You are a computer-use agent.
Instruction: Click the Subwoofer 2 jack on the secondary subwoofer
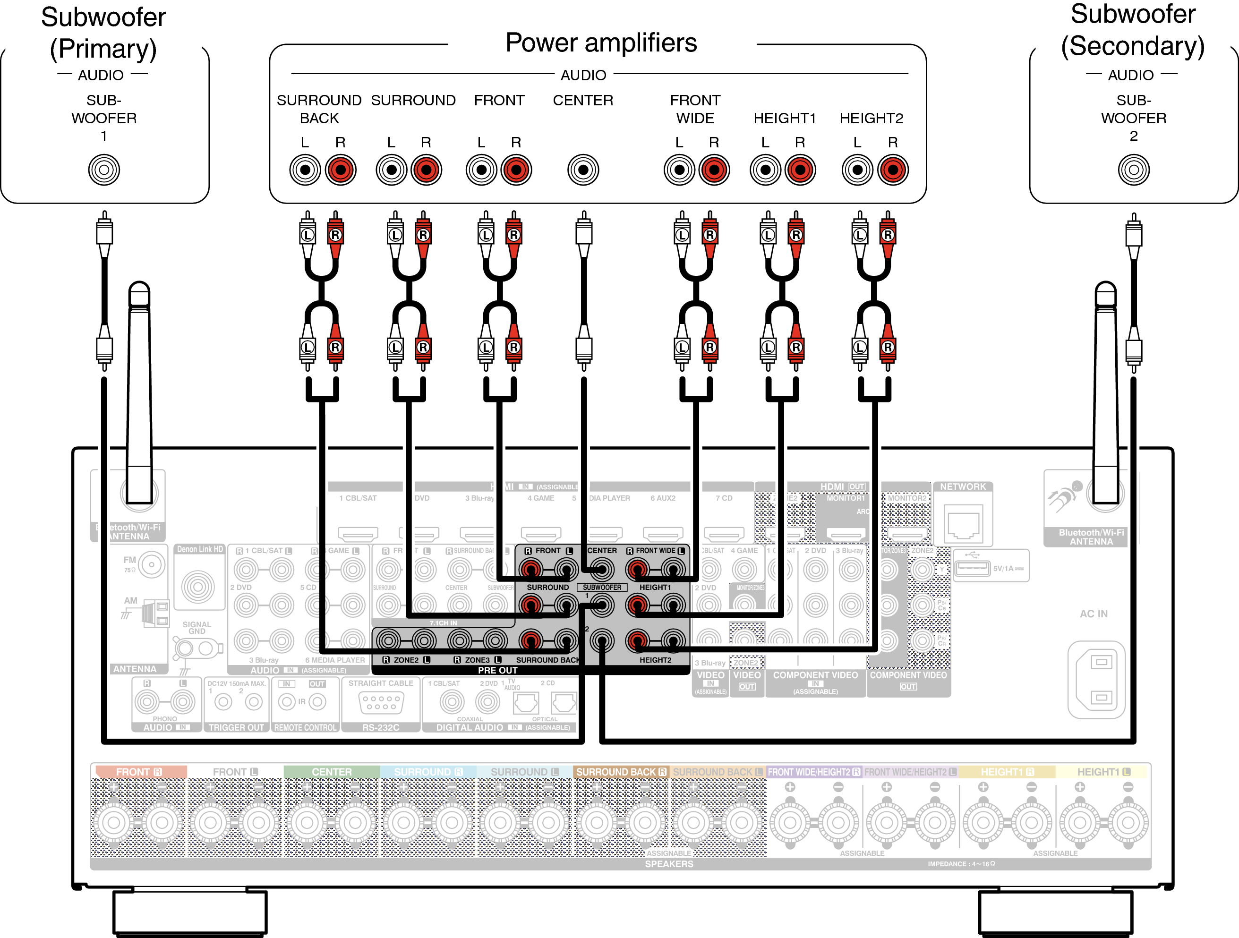pyautogui.click(x=1133, y=170)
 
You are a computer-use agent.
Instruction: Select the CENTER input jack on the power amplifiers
pyautogui.click(x=583, y=170)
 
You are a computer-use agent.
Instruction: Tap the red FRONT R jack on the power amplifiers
pyautogui.click(x=516, y=170)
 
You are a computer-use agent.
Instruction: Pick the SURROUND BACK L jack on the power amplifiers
pyautogui.click(x=305, y=170)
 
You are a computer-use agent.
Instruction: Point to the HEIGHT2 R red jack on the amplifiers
pyautogui.click(x=893, y=170)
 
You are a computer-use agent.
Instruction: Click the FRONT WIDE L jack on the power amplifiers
pyautogui.click(x=679, y=170)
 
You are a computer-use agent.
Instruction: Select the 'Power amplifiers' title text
pyautogui.click(x=601, y=43)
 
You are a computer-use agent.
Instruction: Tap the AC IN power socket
pyautogui.click(x=1096, y=679)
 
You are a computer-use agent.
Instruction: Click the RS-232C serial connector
pyautogui.click(x=381, y=702)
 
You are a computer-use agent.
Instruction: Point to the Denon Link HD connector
pyautogui.click(x=198, y=586)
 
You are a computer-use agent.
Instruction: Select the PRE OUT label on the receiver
pyautogui.click(x=497, y=670)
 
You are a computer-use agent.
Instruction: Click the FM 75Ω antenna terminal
pyautogui.click(x=152, y=564)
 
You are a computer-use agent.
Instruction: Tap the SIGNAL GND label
pyautogui.click(x=197, y=628)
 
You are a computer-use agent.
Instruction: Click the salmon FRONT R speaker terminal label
pyautogui.click(x=139, y=772)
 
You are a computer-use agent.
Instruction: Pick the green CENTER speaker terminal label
pyautogui.click(x=332, y=772)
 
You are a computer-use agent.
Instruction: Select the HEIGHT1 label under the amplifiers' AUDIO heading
pyautogui.click(x=784, y=118)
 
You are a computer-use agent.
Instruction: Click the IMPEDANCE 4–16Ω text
pyautogui.click(x=961, y=863)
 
